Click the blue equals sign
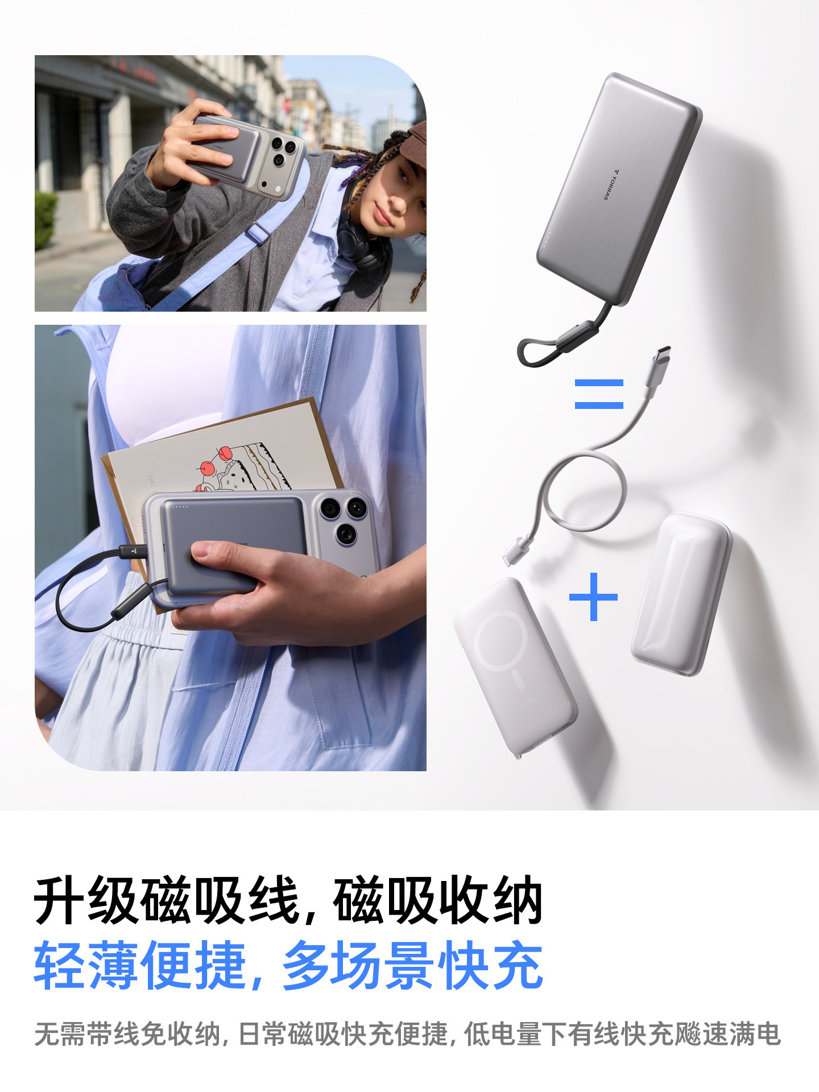(599, 394)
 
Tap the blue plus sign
(593, 597)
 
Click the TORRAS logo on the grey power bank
(611, 184)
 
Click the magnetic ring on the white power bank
(500, 640)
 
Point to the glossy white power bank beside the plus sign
(681, 594)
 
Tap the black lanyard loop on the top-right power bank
(546, 346)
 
